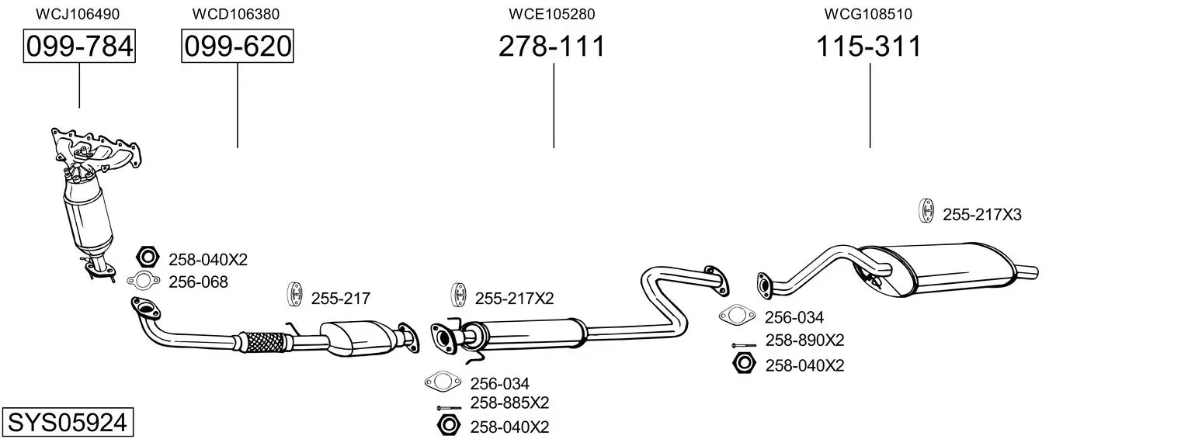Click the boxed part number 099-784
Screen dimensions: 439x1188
tap(79, 47)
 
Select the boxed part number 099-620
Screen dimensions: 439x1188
tap(238, 47)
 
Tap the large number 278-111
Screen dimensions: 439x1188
tap(552, 47)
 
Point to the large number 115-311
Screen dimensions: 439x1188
tap(869, 47)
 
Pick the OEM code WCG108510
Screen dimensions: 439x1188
tap(868, 14)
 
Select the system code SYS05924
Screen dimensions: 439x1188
tap(67, 423)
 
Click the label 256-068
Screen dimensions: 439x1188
tap(198, 282)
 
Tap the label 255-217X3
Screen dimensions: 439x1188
tap(981, 215)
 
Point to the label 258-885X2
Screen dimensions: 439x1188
tap(509, 403)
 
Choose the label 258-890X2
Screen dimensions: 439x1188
tap(804, 340)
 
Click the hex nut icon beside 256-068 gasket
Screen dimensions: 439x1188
tap(148, 257)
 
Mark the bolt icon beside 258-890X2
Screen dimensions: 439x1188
tap(743, 344)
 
